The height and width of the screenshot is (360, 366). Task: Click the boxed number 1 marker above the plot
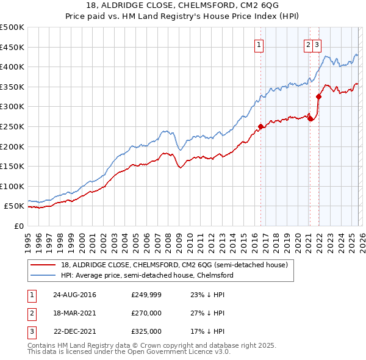click(x=259, y=44)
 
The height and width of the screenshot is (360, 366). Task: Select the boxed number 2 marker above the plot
click(x=309, y=44)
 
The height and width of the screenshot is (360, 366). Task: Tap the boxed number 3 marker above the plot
click(x=318, y=44)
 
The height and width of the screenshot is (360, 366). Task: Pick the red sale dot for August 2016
click(x=260, y=127)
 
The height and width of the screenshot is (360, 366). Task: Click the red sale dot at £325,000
click(x=318, y=96)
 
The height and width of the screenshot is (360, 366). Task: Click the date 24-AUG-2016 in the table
click(x=74, y=295)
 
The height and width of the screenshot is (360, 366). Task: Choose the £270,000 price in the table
click(x=146, y=313)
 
